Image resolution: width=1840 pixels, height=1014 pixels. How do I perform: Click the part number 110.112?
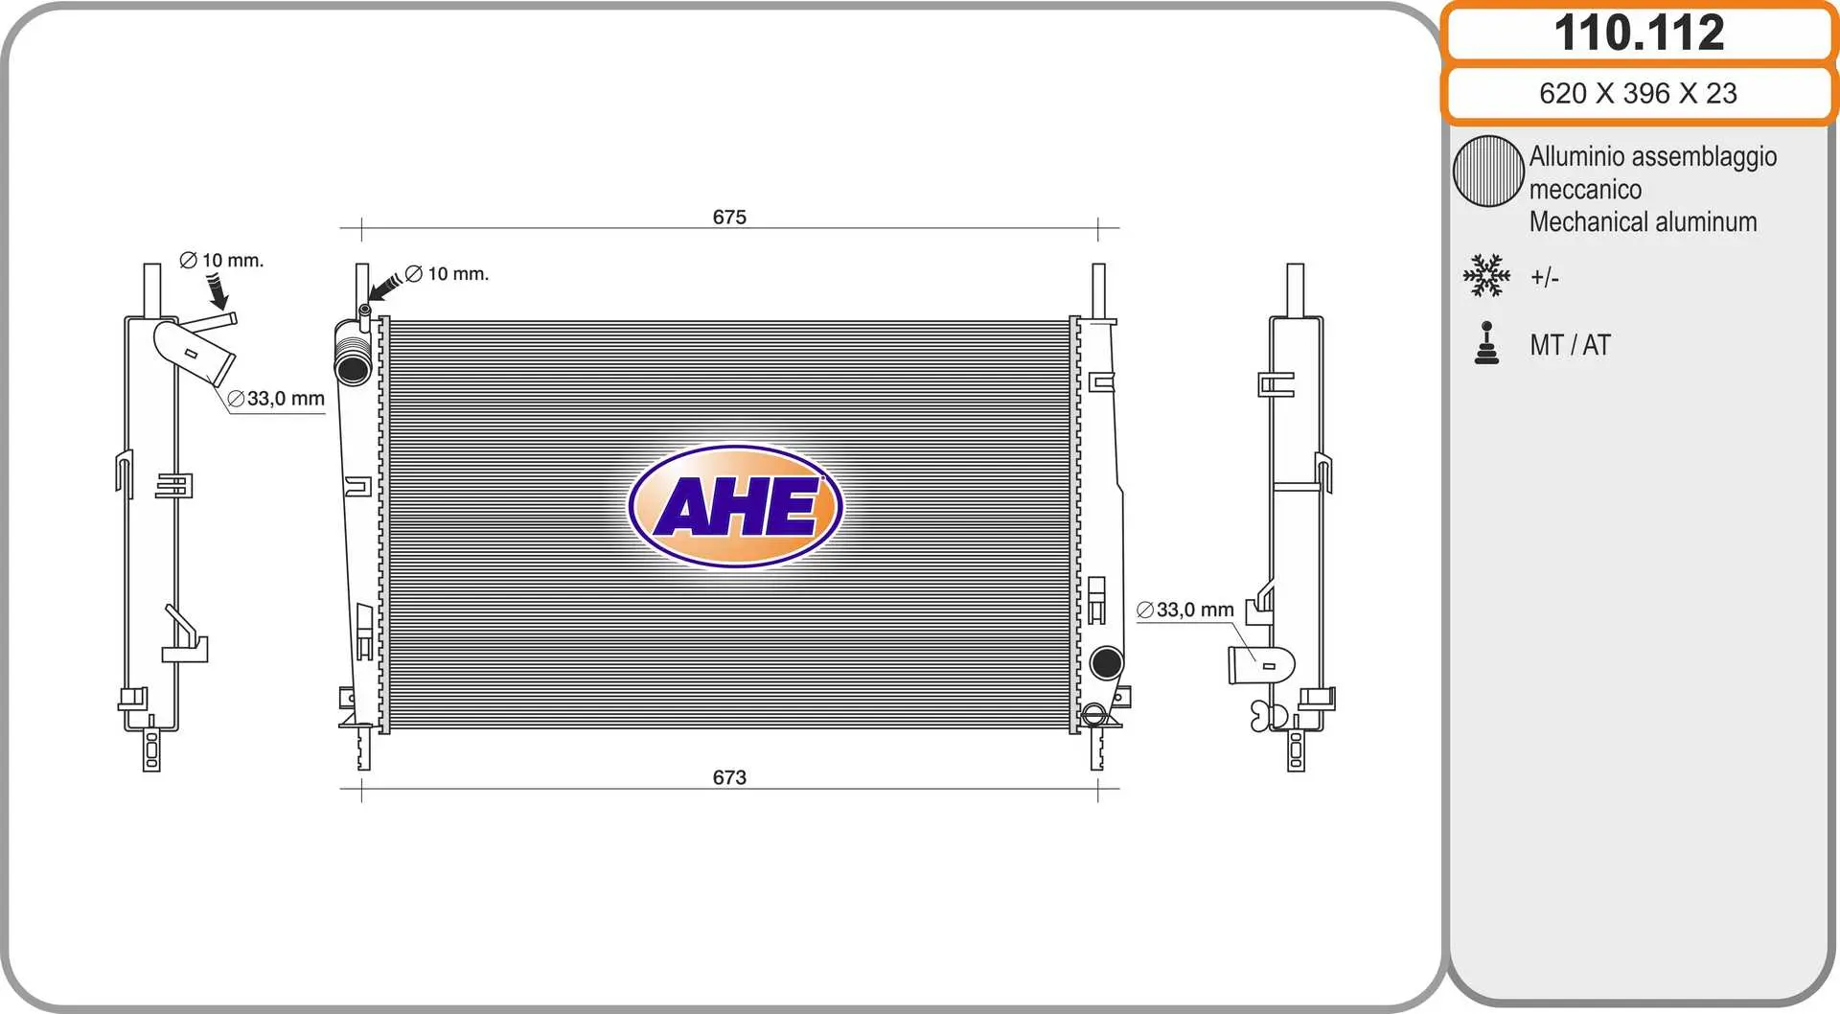(x=1639, y=33)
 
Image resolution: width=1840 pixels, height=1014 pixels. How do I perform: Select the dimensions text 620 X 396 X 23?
(x=1638, y=93)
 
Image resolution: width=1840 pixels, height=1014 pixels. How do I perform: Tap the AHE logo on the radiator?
(x=735, y=506)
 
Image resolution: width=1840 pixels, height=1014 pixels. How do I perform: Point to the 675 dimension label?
(x=729, y=217)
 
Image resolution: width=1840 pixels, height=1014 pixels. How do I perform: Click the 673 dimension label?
(x=729, y=777)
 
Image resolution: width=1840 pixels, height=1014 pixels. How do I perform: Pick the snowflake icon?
(x=1486, y=275)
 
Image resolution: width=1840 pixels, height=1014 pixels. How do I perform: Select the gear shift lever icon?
(x=1486, y=343)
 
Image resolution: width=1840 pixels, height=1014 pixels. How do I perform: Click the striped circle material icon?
(x=1488, y=171)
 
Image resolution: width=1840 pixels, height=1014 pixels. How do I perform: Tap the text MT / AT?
(x=1570, y=345)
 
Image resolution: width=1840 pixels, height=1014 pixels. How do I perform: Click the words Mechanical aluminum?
(x=1643, y=222)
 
